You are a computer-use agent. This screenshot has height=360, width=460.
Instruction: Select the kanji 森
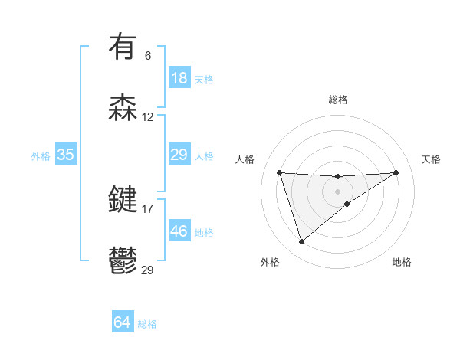pos(123,108)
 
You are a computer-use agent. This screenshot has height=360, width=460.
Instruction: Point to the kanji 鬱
pos(123,261)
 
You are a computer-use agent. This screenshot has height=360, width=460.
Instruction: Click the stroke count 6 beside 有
pos(148,55)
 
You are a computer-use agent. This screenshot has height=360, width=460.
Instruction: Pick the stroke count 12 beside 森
pos(148,117)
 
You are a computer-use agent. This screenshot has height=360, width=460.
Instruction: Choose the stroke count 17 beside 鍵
pos(148,208)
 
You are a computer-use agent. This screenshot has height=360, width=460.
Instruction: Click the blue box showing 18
pos(179,78)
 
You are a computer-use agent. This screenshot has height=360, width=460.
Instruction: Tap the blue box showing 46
pos(179,231)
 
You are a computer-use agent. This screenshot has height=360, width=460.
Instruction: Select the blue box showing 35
pos(66,155)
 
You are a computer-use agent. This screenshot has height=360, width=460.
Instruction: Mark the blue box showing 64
pos(123,323)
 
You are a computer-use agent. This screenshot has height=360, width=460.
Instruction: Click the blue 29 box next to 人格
pos(179,155)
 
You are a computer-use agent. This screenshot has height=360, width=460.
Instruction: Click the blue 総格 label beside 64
pos(147,324)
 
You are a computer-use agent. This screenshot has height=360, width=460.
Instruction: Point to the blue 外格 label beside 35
pos(41,155)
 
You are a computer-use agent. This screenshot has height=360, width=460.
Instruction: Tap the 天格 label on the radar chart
pos(432,159)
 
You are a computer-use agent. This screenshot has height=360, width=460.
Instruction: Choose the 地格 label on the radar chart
pos(402,262)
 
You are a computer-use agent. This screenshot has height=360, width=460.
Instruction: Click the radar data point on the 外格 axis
pos(301,242)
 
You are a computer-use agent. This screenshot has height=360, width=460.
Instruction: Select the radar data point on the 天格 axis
pos(396,172)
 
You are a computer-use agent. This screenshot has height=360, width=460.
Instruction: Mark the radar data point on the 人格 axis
pos(280,172)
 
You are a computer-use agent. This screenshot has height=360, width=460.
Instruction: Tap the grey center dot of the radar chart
pos(337,191)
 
